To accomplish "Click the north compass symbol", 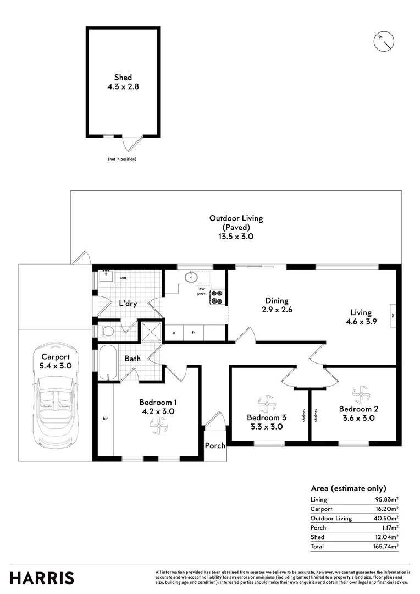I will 384,41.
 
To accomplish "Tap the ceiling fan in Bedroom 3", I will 267,405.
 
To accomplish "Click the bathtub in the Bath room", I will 108,362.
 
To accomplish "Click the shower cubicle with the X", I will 150,332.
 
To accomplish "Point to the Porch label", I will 215,446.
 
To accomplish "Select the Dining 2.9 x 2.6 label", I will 277,305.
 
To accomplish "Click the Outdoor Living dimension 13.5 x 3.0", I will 236,237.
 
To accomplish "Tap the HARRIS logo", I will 42,577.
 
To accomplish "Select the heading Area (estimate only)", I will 348,488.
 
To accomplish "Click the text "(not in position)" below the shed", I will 122,159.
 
